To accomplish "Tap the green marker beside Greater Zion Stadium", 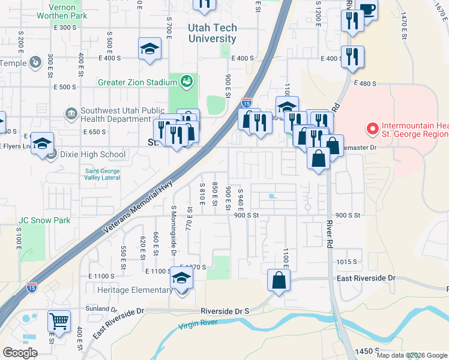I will tap(186, 80).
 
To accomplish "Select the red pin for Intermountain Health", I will tap(372, 128).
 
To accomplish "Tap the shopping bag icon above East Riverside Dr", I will tap(279, 280).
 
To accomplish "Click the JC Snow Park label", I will tap(44, 220).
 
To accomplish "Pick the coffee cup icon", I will tap(367, 8).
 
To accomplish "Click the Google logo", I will tap(20, 353).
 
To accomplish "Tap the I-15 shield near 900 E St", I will tap(247, 103).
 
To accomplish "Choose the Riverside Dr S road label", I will tap(224, 311).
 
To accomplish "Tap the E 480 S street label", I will tap(365, 83).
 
